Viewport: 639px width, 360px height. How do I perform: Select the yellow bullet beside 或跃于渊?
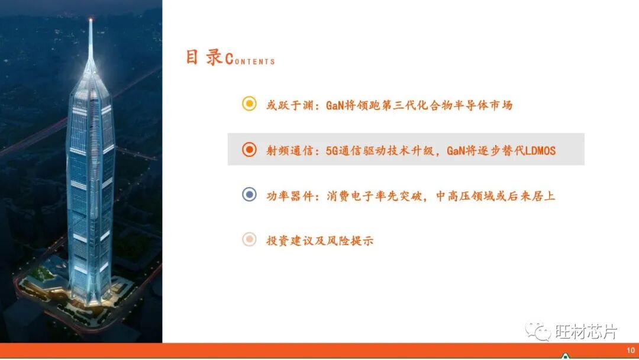pyautogui.click(x=250, y=104)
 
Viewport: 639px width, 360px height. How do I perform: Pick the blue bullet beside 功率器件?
pyautogui.click(x=250, y=195)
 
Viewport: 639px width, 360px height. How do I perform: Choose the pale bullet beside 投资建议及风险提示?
pyautogui.click(x=250, y=240)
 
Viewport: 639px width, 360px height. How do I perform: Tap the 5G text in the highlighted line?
pyautogui.click(x=333, y=150)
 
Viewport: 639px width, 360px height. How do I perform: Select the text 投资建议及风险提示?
pyautogui.click(x=320, y=241)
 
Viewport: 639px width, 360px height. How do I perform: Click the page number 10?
pyautogui.click(x=630, y=350)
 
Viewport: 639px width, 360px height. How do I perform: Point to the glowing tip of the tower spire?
pyautogui.click(x=91, y=21)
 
